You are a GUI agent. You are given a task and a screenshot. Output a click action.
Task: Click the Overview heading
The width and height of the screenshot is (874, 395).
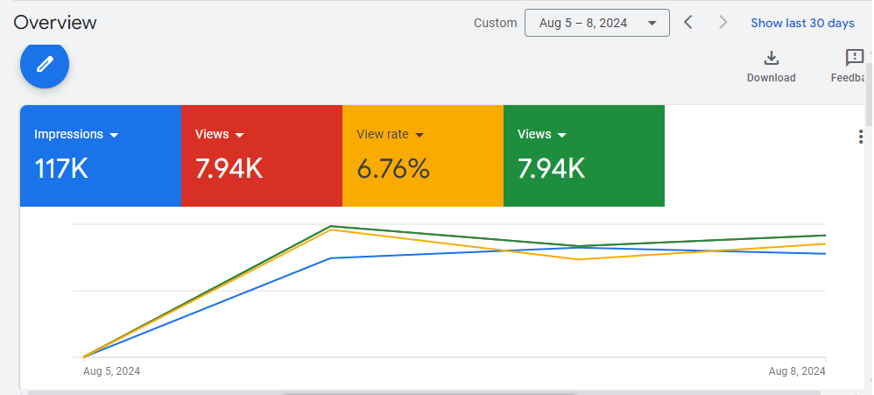pos(55,23)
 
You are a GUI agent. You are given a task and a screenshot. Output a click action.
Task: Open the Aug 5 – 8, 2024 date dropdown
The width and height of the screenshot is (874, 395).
pos(596,23)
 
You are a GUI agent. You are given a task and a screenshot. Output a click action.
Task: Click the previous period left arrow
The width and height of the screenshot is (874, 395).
pos(688,23)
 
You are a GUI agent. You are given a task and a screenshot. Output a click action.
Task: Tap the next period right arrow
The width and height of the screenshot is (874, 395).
pos(722,23)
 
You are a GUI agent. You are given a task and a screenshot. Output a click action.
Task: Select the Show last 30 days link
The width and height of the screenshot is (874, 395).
pos(802,23)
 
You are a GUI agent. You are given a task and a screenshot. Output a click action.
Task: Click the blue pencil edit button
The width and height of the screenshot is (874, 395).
pos(45,64)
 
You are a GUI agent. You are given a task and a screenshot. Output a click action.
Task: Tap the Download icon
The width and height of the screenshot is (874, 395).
pos(771,59)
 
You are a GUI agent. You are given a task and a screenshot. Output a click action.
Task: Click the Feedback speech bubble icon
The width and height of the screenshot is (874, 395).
pos(854,59)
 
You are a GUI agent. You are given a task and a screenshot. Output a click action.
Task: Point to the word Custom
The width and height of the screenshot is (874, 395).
pos(496,23)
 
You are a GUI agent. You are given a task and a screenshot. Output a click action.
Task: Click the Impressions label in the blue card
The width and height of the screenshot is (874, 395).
pos(68,134)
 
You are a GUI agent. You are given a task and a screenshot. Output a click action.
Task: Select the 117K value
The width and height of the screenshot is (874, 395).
pos(61,168)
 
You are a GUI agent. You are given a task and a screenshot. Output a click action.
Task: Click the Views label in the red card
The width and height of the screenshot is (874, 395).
pos(212,134)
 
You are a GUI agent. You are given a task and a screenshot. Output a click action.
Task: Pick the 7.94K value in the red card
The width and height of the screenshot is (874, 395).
pos(229,168)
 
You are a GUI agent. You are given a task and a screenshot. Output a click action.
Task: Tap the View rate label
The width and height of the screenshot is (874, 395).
pos(383,134)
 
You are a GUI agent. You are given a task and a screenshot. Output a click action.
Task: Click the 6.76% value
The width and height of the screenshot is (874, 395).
pos(393,168)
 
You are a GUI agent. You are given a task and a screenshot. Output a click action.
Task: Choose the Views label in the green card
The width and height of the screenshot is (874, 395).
pos(534,134)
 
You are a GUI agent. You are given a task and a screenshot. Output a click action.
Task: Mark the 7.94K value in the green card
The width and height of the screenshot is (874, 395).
pos(552,168)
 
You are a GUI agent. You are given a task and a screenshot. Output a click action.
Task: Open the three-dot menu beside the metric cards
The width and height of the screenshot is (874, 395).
pos(861,137)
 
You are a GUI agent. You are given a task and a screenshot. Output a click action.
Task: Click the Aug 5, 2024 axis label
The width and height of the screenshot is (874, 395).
pos(111,371)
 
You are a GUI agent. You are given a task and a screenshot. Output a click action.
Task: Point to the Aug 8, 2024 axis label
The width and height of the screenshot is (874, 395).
pos(797,371)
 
